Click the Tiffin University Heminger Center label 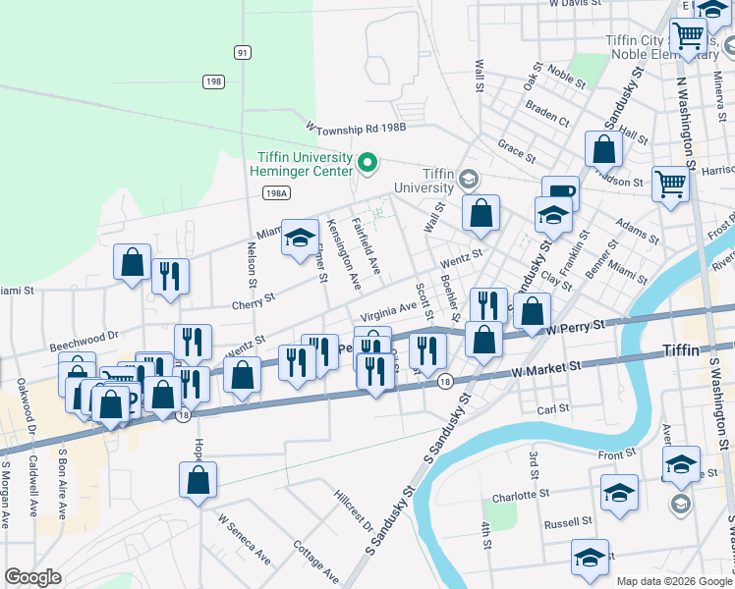coord(304,165)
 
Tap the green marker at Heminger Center coord(367,162)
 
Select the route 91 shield coord(242,52)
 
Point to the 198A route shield coord(276,194)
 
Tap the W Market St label coord(545,369)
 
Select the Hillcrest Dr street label coord(354,509)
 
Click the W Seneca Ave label coord(244,539)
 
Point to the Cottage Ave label coord(316,562)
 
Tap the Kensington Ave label coord(344,253)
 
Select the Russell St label coord(569,521)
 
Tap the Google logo coord(33,577)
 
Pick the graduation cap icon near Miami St coord(300,237)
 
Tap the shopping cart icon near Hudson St coord(671,182)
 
